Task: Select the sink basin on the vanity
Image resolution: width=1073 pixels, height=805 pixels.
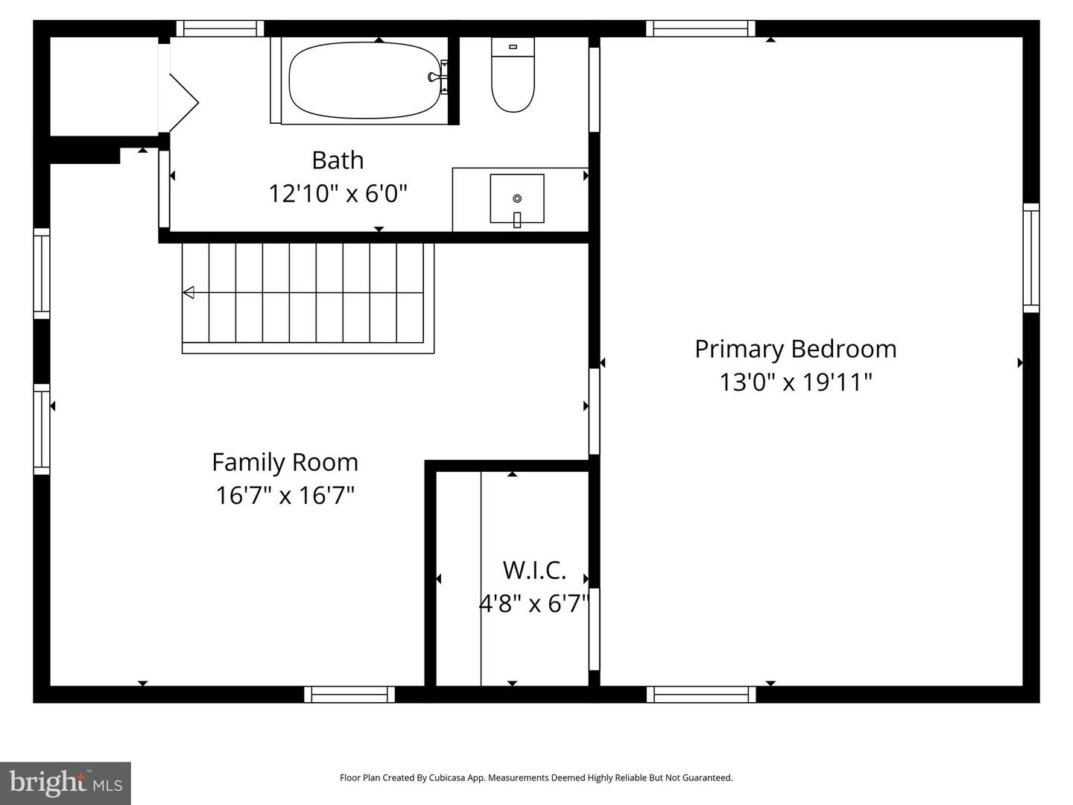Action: tap(516, 198)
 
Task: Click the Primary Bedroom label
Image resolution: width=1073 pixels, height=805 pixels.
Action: tap(795, 349)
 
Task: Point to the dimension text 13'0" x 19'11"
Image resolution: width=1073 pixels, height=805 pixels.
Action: tap(795, 382)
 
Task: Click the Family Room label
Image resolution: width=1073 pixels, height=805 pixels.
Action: tap(285, 462)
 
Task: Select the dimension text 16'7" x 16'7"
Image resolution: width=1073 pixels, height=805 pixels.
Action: tap(285, 495)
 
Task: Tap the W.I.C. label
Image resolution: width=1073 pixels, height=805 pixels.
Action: tap(534, 570)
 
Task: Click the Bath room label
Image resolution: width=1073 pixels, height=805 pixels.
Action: tap(338, 160)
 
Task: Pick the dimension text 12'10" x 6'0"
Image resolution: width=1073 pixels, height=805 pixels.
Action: tap(338, 194)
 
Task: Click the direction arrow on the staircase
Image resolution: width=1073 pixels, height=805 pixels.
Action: tap(189, 292)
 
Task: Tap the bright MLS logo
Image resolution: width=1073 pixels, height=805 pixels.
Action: tap(66, 783)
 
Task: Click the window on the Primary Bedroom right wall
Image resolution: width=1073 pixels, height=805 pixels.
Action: tap(1031, 257)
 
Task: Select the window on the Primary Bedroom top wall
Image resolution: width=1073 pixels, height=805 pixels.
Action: tap(700, 29)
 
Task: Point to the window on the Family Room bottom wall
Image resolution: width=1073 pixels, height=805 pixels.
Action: tap(349, 695)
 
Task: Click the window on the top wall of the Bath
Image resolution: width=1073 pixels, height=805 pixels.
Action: tap(220, 29)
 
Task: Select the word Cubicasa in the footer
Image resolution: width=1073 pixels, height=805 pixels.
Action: tap(447, 777)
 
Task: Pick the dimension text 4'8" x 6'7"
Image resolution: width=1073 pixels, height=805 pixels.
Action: tap(534, 603)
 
